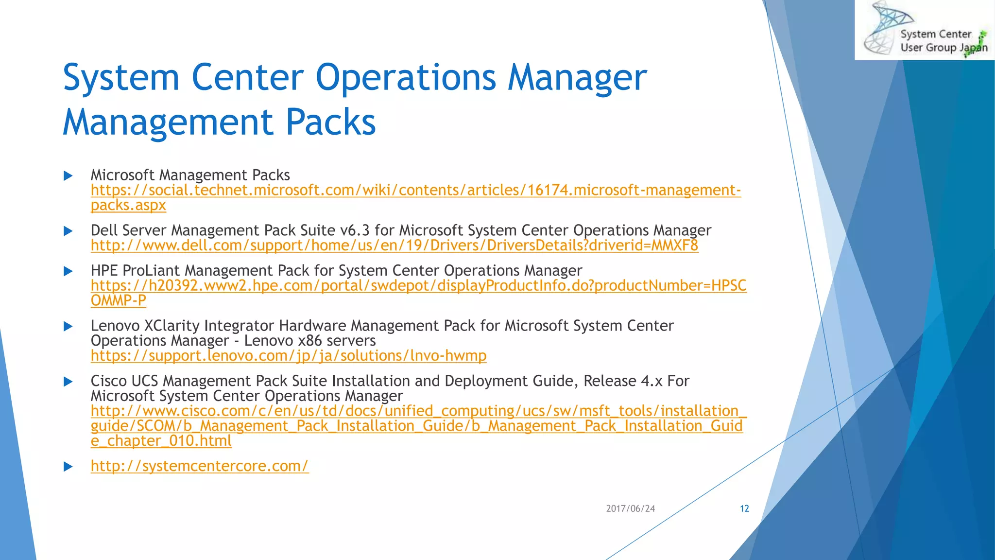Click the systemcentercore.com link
pyautogui.click(x=199, y=466)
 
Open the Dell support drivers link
pyautogui.click(x=394, y=245)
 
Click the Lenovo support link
pyautogui.click(x=288, y=356)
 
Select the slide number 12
pyautogui.click(x=744, y=508)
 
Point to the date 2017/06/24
pyautogui.click(x=630, y=508)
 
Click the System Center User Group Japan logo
pyautogui.click(x=925, y=30)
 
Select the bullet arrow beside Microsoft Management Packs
pyautogui.click(x=69, y=175)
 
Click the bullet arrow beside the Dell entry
pyautogui.click(x=69, y=231)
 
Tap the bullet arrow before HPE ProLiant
pyautogui.click(x=69, y=271)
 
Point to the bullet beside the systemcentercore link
pyautogui.click(x=69, y=467)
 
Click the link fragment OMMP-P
pyautogui.click(x=118, y=300)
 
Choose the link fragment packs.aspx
pyautogui.click(x=128, y=205)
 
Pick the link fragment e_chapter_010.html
pyautogui.click(x=161, y=441)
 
